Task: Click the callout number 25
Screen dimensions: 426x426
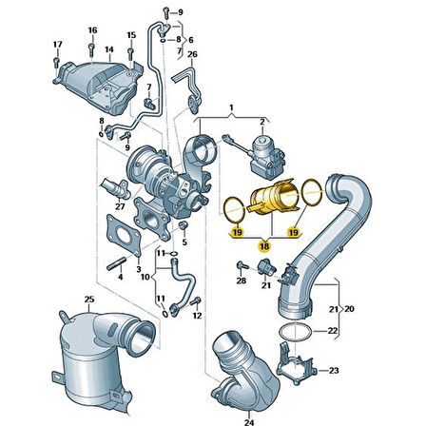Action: [89, 300]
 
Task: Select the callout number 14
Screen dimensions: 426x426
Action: [109, 48]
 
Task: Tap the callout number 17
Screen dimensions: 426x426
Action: [56, 45]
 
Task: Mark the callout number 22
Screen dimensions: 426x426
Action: [332, 330]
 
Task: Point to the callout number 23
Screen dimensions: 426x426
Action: [332, 370]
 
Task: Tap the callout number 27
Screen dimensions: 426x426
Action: [119, 204]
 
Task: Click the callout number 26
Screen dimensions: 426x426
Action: [193, 54]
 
